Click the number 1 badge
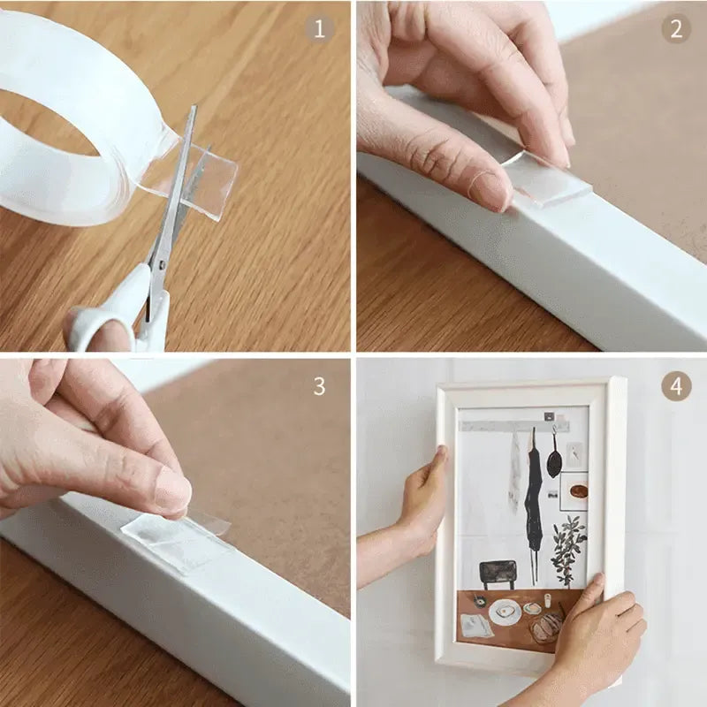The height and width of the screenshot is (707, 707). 319,28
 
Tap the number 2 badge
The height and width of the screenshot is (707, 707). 675,28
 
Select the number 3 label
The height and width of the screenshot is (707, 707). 319,386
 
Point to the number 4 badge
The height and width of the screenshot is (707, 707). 675,386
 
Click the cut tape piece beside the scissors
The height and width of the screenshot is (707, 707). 208,181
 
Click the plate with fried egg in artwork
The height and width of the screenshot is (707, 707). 506,612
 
